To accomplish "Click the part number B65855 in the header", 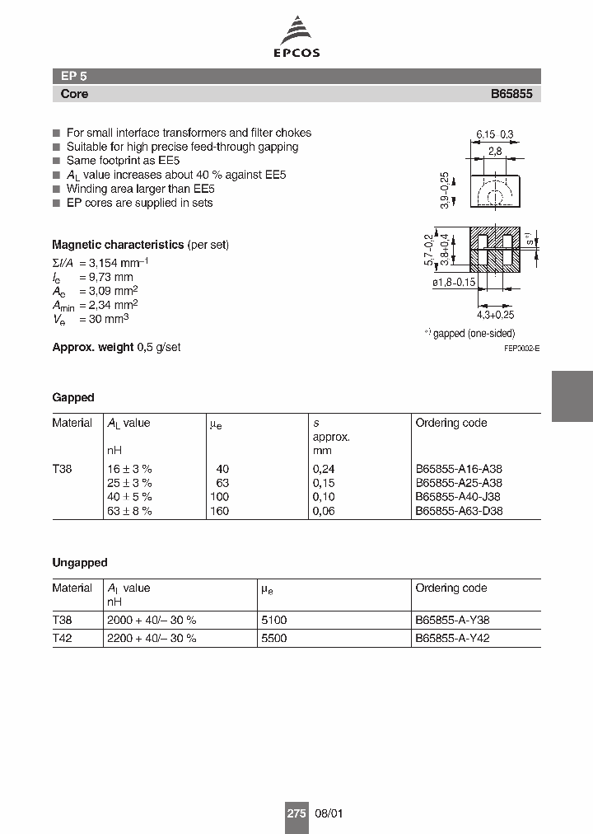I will click(x=511, y=94).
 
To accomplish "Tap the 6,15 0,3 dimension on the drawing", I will click(x=494, y=134).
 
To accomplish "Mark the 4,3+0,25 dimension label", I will click(x=495, y=315).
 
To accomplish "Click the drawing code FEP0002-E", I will click(x=522, y=349).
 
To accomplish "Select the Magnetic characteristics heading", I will click(x=118, y=245).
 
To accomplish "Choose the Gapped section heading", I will click(x=73, y=397).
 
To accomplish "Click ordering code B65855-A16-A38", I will click(x=459, y=469).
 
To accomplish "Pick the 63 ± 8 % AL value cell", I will click(x=130, y=511).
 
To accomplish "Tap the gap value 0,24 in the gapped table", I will click(x=322, y=469).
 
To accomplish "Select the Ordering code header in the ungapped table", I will click(x=451, y=588).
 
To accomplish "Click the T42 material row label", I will click(x=63, y=638).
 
